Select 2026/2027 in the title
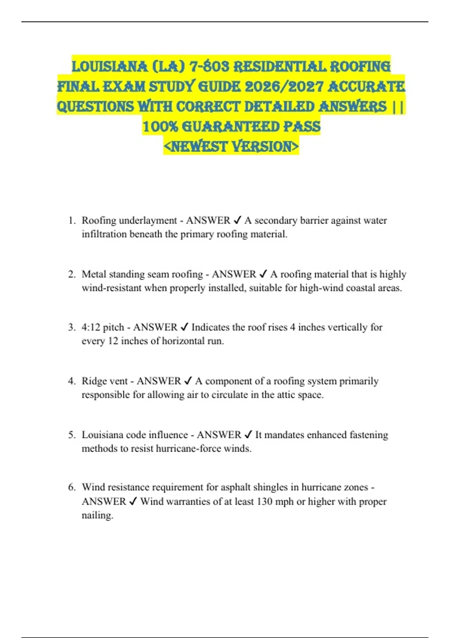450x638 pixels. (283, 87)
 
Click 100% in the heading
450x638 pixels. (160, 126)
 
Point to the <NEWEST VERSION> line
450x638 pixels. (231, 146)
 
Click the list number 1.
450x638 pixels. (71, 220)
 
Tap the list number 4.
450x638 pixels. (71, 381)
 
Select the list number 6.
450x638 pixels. (71, 487)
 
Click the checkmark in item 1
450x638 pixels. (237, 220)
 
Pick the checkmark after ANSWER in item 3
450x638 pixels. (184, 327)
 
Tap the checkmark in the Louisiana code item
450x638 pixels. (248, 435)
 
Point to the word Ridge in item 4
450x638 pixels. (94, 381)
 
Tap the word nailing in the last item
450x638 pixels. (97, 515)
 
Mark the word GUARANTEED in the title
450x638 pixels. (231, 126)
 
